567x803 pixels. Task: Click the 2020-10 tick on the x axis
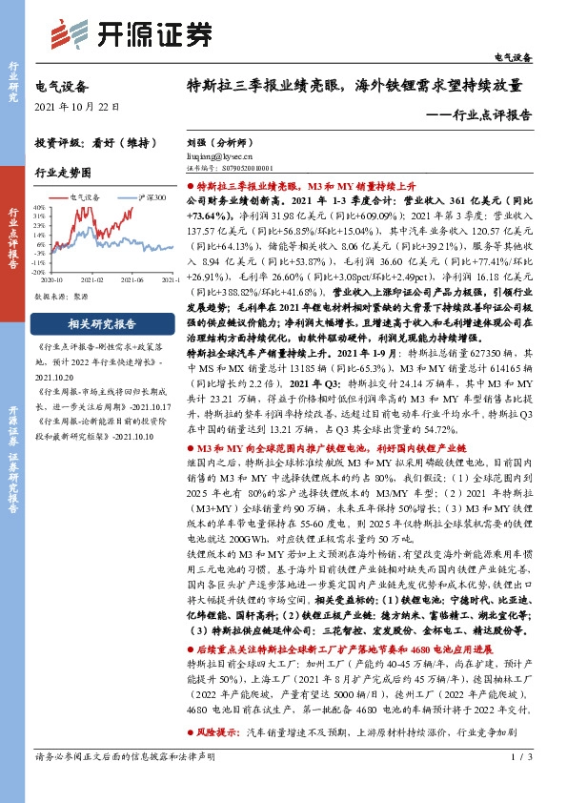[x=51, y=279]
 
